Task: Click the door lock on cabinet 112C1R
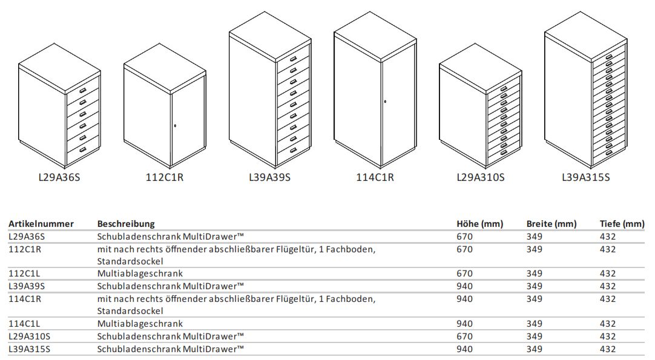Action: (x=175, y=126)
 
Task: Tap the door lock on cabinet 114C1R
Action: (x=385, y=102)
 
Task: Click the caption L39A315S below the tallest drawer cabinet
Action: (x=585, y=178)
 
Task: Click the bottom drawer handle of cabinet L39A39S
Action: (x=293, y=150)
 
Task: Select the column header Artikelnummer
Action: (x=41, y=224)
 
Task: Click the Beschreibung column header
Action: (x=126, y=224)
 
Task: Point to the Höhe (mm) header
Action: (x=479, y=224)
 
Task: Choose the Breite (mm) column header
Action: (x=551, y=224)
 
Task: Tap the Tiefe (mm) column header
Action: (x=622, y=224)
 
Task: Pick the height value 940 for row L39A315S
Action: (x=464, y=349)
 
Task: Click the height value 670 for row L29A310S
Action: (x=464, y=336)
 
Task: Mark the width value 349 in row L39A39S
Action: (x=535, y=286)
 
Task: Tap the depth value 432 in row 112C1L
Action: (x=608, y=273)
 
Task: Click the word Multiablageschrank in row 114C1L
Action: (x=140, y=324)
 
